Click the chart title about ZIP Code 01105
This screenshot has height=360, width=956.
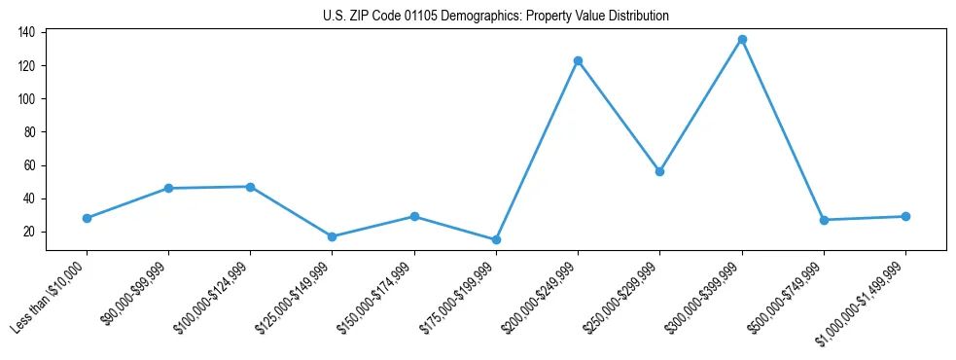click(x=496, y=17)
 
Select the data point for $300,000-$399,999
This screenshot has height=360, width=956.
click(x=742, y=40)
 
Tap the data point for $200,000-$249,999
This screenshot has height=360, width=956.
click(x=578, y=60)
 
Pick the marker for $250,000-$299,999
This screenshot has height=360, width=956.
click(x=660, y=171)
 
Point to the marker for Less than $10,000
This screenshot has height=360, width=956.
click(x=87, y=218)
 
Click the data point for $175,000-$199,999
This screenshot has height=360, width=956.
click(x=496, y=239)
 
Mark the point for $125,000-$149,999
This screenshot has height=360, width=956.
click(x=333, y=236)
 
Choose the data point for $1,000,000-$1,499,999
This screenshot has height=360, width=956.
click(x=905, y=216)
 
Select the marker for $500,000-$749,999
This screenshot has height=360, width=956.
click(x=824, y=220)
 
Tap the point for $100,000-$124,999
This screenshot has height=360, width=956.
click(x=250, y=187)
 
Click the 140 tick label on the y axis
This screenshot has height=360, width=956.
click(x=26, y=32)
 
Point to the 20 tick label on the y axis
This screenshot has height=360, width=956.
click(x=29, y=232)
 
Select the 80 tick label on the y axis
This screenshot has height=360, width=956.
click(x=29, y=132)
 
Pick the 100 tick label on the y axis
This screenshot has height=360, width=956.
click(x=26, y=99)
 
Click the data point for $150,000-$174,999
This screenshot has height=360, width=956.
click(x=414, y=216)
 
